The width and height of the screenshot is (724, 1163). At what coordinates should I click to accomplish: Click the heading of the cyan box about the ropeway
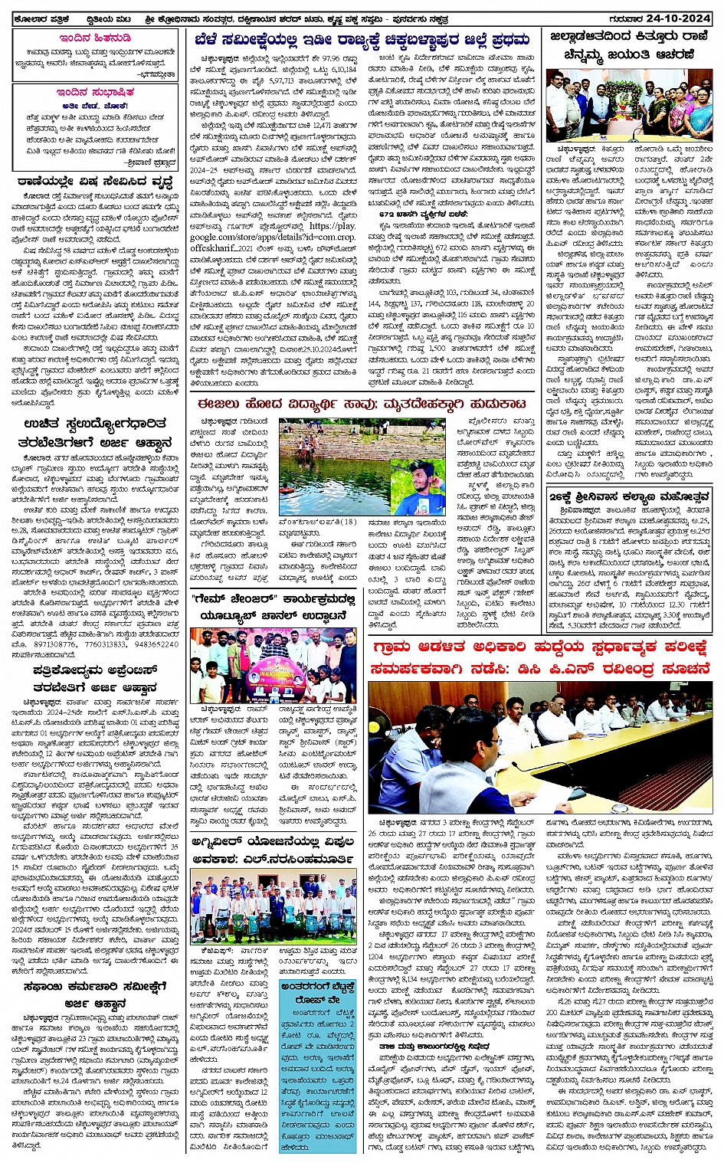pos(317,991)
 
